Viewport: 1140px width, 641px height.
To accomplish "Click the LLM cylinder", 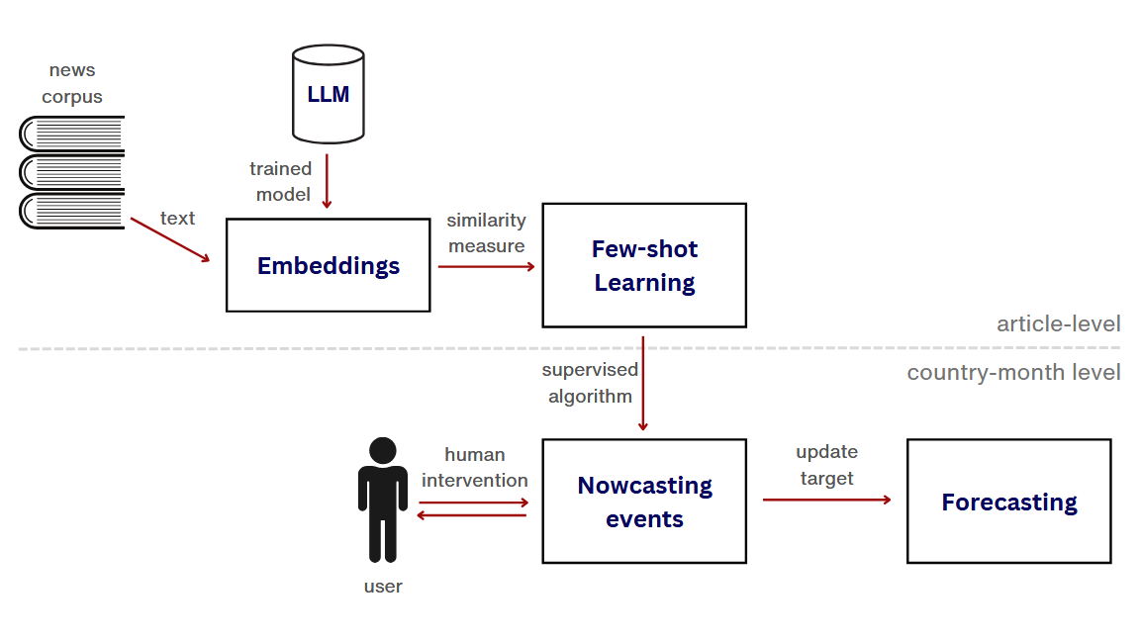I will pos(328,95).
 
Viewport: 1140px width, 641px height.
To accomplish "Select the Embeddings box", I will pos(329,265).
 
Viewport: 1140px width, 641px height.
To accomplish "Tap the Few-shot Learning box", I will pos(644,265).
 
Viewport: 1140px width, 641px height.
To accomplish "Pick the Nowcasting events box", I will pos(644,501).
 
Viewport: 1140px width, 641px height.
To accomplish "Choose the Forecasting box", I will pos(1008,501).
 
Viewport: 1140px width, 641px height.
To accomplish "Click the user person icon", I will pos(382,500).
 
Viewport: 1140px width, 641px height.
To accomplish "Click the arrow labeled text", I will pos(170,239).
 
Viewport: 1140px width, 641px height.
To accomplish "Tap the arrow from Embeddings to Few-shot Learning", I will pos(486,266).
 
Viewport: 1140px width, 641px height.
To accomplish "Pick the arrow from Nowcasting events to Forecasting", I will pos(826,500).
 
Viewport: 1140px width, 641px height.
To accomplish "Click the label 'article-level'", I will pos(1058,323).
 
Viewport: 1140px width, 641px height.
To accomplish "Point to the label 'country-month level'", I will pos(1013,373).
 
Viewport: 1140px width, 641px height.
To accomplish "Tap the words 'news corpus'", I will pos(72,83).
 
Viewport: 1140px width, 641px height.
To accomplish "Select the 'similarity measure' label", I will pos(486,232).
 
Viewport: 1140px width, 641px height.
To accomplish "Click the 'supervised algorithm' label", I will pos(589,383).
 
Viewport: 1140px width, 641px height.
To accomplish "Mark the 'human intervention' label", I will pos(475,467).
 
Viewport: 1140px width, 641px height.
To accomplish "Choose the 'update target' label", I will pos(826,465).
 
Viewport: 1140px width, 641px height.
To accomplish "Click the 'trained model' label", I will pos(282,181).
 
